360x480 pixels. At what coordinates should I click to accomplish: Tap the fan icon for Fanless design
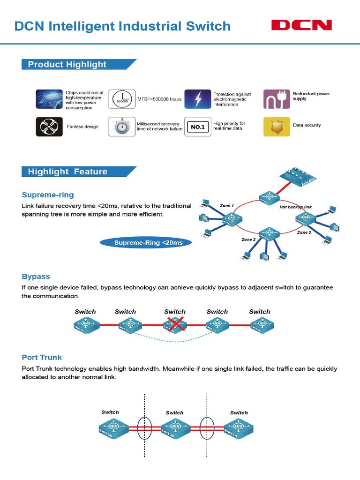(49, 127)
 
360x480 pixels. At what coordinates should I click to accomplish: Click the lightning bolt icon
(197, 99)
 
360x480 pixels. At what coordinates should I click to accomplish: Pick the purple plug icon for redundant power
(277, 99)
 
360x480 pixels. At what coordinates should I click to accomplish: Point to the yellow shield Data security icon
(277, 127)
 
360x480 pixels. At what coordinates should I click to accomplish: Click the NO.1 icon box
(197, 127)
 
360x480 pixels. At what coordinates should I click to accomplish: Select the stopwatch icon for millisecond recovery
(122, 127)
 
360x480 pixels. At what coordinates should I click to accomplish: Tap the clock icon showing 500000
(122, 99)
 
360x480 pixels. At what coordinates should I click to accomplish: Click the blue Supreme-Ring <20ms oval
(148, 243)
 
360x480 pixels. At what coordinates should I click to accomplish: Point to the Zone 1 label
(226, 205)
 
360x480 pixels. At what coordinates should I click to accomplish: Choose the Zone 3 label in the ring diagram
(304, 232)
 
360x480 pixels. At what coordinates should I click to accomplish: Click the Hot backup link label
(295, 207)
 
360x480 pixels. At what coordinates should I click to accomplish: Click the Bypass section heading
(36, 277)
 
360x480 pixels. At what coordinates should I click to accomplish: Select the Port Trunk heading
(42, 357)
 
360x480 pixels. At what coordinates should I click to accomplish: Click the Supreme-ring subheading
(48, 195)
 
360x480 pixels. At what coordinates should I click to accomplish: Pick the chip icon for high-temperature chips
(49, 99)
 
